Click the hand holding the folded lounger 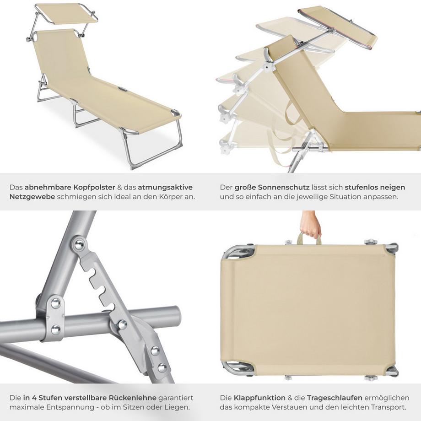point(311,224)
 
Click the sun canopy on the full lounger point(66,13)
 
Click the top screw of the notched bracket point(80,245)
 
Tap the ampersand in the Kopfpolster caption point(120,187)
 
